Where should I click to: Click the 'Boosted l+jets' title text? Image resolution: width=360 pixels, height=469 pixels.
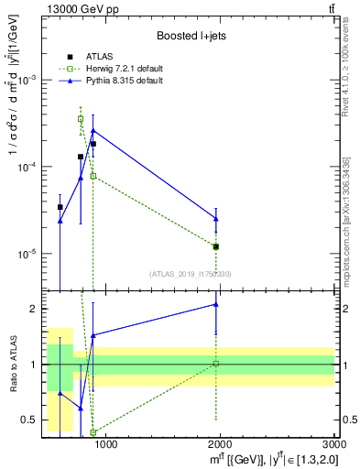click(189, 35)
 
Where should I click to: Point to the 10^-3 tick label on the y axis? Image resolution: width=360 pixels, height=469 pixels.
click(29, 80)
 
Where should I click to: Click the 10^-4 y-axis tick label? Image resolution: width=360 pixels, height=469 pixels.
click(29, 167)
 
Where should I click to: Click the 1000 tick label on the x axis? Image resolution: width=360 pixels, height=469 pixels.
click(106, 444)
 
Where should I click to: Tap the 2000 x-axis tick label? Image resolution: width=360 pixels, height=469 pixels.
click(220, 444)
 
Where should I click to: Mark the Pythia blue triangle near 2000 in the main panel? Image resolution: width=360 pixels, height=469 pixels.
click(216, 218)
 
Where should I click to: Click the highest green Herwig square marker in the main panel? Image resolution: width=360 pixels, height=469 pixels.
click(81, 118)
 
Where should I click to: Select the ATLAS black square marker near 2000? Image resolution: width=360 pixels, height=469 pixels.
click(216, 246)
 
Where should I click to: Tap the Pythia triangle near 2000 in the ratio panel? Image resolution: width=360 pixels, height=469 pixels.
click(216, 304)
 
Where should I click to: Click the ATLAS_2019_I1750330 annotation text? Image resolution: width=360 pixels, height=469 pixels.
click(189, 274)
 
